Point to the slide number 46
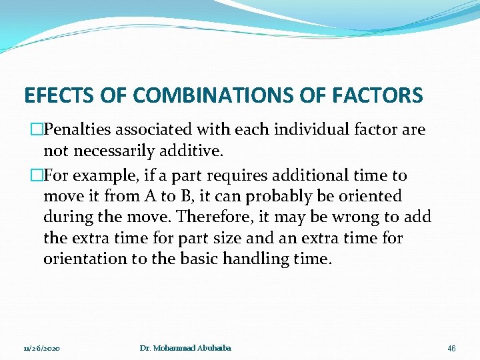(451, 349)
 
